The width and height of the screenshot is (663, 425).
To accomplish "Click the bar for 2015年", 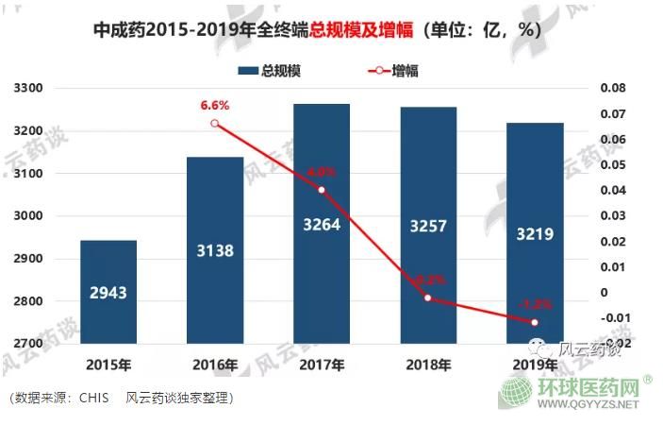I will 108,293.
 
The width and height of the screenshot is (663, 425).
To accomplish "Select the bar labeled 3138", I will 215,251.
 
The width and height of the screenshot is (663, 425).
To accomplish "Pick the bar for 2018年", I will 429,227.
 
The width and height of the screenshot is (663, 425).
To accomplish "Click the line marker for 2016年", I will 215,124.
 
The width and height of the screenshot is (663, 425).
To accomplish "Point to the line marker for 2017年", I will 322,190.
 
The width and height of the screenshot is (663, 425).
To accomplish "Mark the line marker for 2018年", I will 429,297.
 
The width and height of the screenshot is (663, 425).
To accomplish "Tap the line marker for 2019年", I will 536,322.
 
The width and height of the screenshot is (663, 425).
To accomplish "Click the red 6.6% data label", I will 215,105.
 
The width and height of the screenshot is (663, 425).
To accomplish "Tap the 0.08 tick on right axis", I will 612,88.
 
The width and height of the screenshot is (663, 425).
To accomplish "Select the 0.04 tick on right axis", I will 612,190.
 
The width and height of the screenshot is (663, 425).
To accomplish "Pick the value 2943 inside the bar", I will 108,293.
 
